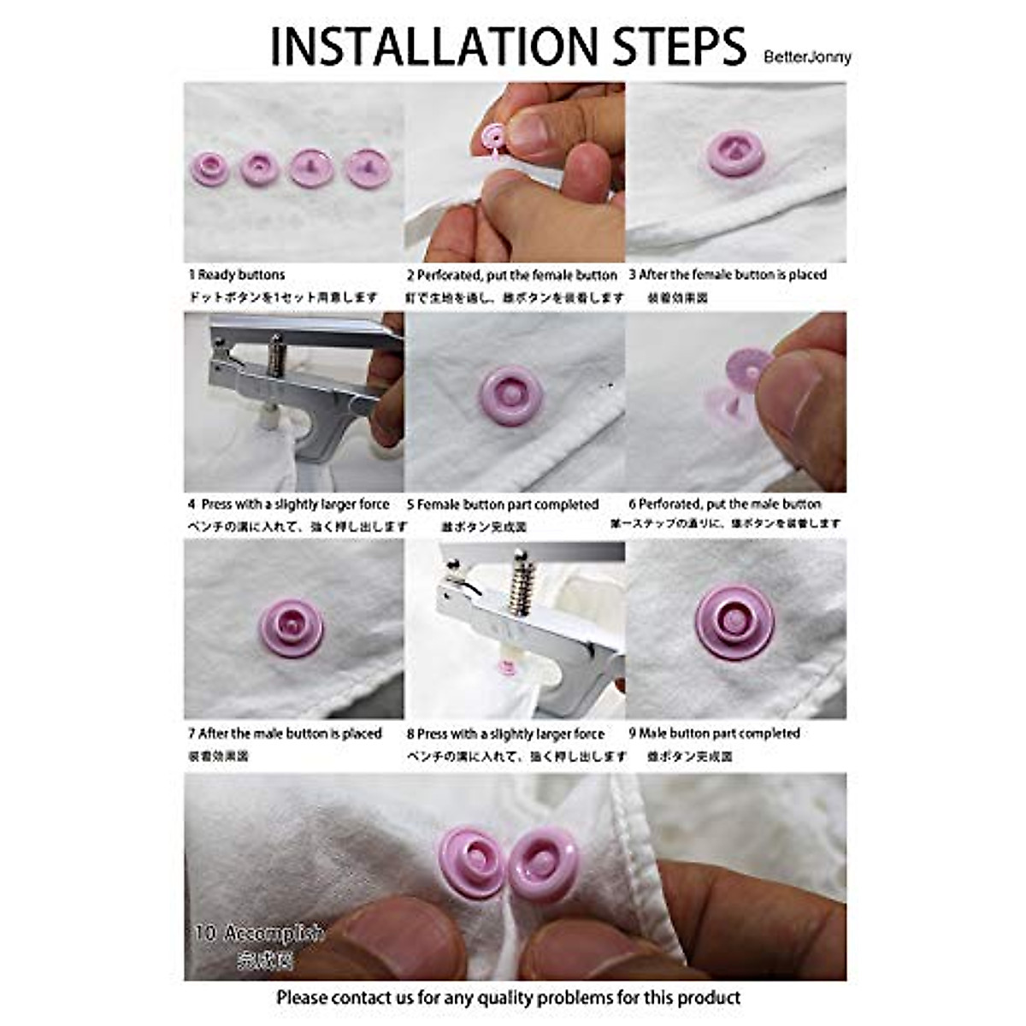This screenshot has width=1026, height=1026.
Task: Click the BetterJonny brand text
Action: (808, 57)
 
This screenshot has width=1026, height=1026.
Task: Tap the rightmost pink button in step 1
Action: (368, 168)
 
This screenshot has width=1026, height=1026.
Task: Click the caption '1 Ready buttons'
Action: (237, 275)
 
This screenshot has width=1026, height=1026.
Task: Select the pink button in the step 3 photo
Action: (734, 154)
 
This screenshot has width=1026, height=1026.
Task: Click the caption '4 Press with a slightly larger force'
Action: (288, 504)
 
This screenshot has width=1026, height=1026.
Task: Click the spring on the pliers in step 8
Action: (517, 582)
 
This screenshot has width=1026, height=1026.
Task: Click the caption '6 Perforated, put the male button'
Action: (725, 504)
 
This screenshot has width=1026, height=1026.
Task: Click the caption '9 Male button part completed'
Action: (714, 734)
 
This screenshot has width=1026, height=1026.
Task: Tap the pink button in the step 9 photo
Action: (734, 622)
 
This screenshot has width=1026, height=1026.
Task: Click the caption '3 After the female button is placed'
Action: (728, 275)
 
